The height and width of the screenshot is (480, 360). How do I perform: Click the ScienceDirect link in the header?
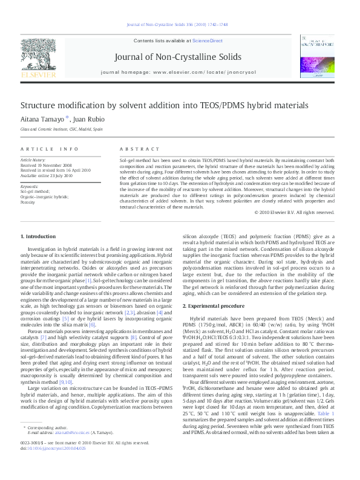point(208,41)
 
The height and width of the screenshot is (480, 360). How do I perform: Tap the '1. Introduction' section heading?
point(38,236)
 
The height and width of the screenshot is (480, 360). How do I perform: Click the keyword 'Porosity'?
point(28,201)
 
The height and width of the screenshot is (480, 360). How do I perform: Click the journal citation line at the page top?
point(180,24)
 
